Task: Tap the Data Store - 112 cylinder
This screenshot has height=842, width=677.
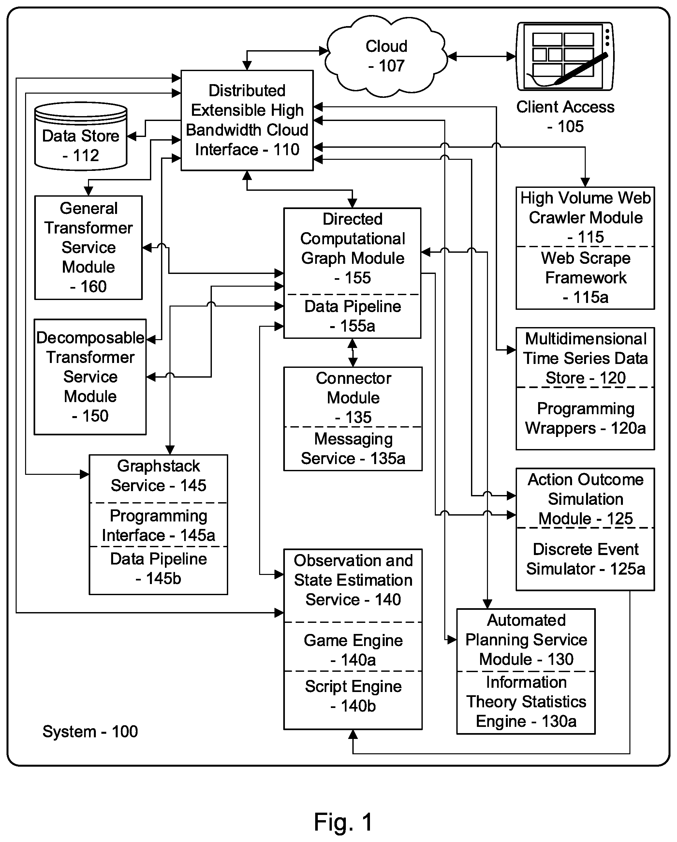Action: pos(81,136)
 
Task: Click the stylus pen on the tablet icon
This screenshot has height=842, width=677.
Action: pos(581,69)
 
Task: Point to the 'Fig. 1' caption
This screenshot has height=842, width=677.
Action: pos(343,822)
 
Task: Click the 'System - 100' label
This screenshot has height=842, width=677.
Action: pos(90,731)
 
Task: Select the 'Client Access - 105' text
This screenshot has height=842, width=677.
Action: pos(565,116)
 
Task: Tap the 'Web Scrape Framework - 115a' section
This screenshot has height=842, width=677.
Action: pos(585,278)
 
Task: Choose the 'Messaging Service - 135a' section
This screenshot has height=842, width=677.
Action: pos(353,449)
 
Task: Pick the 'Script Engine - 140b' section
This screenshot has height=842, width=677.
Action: pos(353,700)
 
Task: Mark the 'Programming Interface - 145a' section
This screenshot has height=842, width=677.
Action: pos(158,525)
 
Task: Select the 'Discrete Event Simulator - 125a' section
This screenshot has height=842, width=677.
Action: pos(585,559)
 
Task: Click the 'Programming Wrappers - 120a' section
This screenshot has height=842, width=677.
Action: pos(585,418)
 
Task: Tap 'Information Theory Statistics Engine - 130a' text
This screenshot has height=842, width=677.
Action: pos(526,702)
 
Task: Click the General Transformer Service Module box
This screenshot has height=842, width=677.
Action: pos(89,248)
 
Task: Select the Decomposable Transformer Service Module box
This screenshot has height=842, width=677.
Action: pos(90,377)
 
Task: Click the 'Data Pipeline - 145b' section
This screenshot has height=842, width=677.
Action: pos(158,570)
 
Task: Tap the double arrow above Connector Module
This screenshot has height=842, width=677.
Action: pos(353,353)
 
